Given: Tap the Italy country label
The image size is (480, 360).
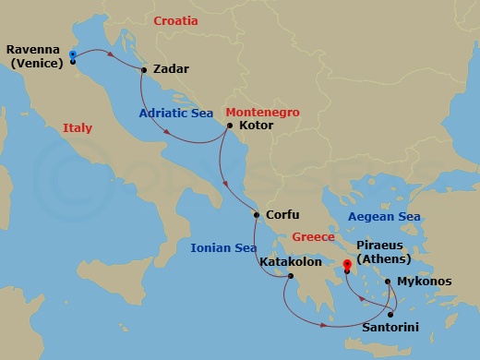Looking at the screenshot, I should [x=78, y=128].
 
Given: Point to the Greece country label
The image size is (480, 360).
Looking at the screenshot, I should [x=313, y=237].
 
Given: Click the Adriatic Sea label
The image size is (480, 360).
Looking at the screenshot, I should [x=176, y=114].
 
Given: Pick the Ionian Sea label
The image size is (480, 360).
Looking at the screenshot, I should [x=222, y=247].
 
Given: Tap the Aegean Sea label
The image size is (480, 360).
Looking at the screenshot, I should [x=384, y=217].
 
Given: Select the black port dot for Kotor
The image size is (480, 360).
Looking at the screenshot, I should [x=229, y=126].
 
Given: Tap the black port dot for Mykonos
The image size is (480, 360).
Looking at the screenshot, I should [x=388, y=282].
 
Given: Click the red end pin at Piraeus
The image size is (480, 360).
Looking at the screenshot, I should [x=347, y=266].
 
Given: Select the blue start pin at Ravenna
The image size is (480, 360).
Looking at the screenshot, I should [x=71, y=56].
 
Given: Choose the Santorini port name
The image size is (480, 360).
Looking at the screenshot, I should [x=391, y=328].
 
